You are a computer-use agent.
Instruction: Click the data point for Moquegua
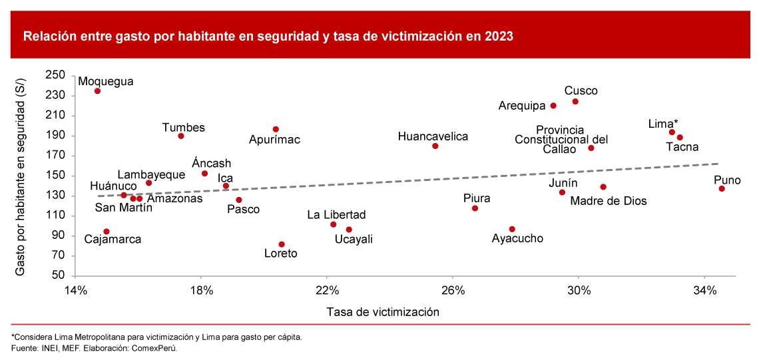click(x=97, y=91)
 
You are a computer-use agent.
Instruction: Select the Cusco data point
click(x=575, y=101)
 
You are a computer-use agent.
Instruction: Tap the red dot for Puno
click(x=722, y=189)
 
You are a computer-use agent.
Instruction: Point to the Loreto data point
click(x=281, y=244)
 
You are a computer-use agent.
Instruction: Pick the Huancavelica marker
click(x=435, y=146)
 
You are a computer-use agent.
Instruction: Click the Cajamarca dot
click(x=107, y=232)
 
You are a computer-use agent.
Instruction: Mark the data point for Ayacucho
click(x=512, y=229)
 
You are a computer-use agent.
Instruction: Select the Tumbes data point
click(x=181, y=136)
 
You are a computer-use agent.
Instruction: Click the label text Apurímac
click(x=274, y=140)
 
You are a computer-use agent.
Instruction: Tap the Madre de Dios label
click(x=609, y=201)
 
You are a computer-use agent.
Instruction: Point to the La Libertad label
click(x=336, y=215)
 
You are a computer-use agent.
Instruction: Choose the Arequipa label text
click(x=522, y=105)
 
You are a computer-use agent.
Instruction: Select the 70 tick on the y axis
click(x=58, y=256)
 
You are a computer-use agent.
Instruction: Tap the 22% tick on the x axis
click(x=327, y=291)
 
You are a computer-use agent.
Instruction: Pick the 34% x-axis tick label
click(x=704, y=291)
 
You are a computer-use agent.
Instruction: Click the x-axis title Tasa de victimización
click(x=383, y=311)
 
